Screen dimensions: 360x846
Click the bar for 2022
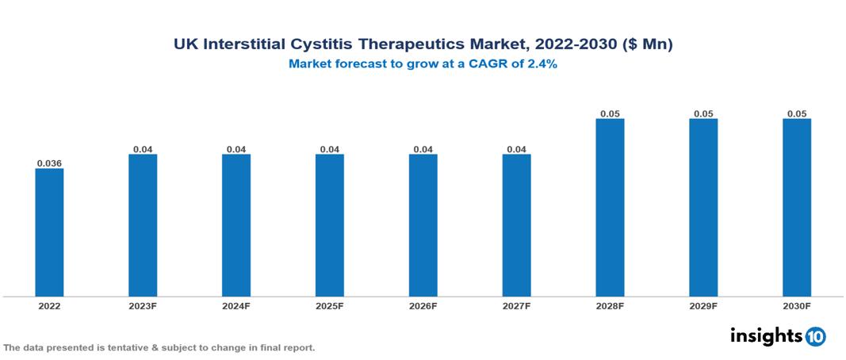point(49,232)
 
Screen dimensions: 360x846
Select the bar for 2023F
point(143,225)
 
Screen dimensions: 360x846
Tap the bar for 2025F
point(329,225)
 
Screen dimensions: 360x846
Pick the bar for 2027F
point(516,225)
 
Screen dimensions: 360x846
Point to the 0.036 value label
point(49,163)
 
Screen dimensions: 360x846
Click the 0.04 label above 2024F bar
point(236,149)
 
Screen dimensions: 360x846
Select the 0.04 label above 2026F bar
point(423,149)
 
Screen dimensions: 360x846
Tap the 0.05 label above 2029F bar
point(703,114)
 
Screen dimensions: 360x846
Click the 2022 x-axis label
point(49,305)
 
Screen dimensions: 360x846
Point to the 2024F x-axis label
point(236,305)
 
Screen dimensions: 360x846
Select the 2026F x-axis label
point(423,305)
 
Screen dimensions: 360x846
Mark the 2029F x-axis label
point(703,305)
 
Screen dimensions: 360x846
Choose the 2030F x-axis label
point(796,305)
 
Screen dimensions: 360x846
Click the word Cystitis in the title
point(335,45)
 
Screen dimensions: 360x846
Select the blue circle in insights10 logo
point(815,336)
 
